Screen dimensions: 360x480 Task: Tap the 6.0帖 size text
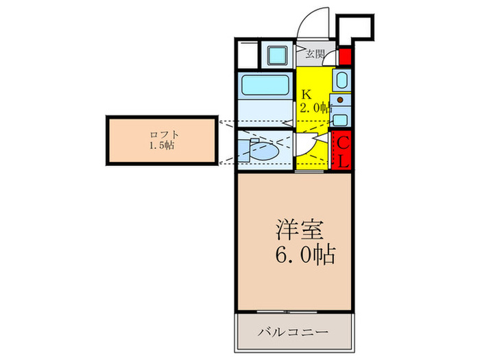click(305, 256)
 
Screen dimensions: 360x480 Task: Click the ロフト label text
click(163, 134)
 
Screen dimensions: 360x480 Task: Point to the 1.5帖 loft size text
click(163, 145)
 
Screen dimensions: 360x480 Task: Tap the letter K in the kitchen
click(307, 94)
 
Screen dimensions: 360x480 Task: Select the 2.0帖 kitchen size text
click(315, 108)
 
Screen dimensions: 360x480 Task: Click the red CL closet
click(344, 151)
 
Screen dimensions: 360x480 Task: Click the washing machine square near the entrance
click(277, 53)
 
